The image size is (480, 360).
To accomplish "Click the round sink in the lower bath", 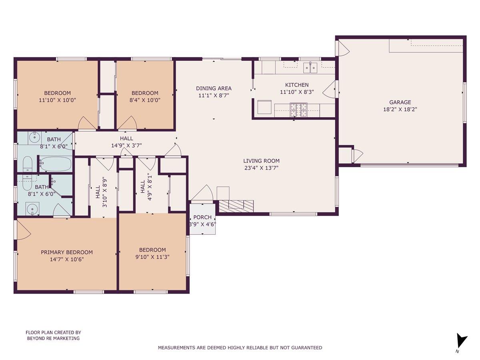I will (x=31, y=208).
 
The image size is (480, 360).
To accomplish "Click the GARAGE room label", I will (x=400, y=102).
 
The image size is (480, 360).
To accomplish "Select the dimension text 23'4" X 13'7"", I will (x=261, y=168).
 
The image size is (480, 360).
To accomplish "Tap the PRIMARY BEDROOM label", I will (x=67, y=252).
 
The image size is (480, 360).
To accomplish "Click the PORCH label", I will (x=202, y=217).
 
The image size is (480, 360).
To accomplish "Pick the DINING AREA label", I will (x=214, y=88).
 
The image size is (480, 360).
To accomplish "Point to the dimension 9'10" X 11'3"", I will (x=152, y=257).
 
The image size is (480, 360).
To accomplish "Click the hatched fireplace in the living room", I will (x=236, y=205).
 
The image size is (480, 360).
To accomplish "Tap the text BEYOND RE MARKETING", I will (x=53, y=338).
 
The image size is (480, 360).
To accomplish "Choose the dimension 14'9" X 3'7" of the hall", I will (x=126, y=146).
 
